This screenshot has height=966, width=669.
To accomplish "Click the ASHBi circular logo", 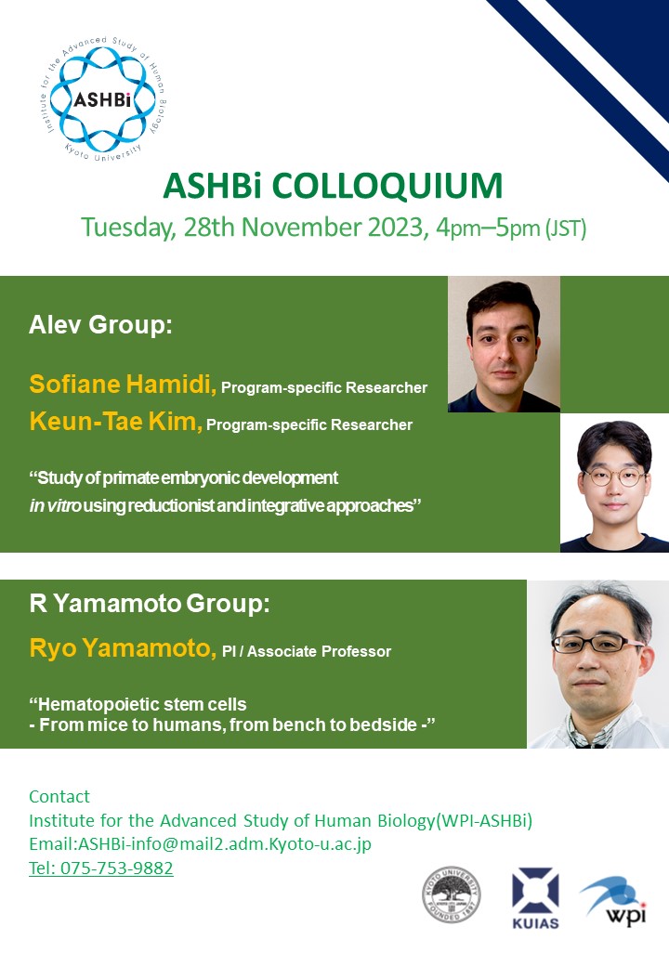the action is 103,98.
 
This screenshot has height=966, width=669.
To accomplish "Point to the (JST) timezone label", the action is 566,228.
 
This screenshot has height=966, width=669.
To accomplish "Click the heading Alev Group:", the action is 100,325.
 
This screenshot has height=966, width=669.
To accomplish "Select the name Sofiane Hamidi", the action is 121,384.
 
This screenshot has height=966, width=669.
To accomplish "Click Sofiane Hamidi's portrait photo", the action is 504,344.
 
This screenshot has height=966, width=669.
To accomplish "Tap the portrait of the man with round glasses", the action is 614,482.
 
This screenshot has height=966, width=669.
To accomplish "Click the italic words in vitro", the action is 55,506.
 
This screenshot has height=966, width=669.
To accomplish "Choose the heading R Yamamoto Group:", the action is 150,603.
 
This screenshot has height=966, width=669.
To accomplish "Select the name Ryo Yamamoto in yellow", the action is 121,648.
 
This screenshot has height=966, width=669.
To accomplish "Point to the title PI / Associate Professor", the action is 307,651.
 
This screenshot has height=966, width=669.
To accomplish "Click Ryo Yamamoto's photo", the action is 597,664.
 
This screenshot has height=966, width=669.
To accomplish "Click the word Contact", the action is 59,797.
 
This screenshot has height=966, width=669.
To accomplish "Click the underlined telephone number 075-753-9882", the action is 116,868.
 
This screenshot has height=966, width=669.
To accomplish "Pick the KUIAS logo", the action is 535,897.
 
